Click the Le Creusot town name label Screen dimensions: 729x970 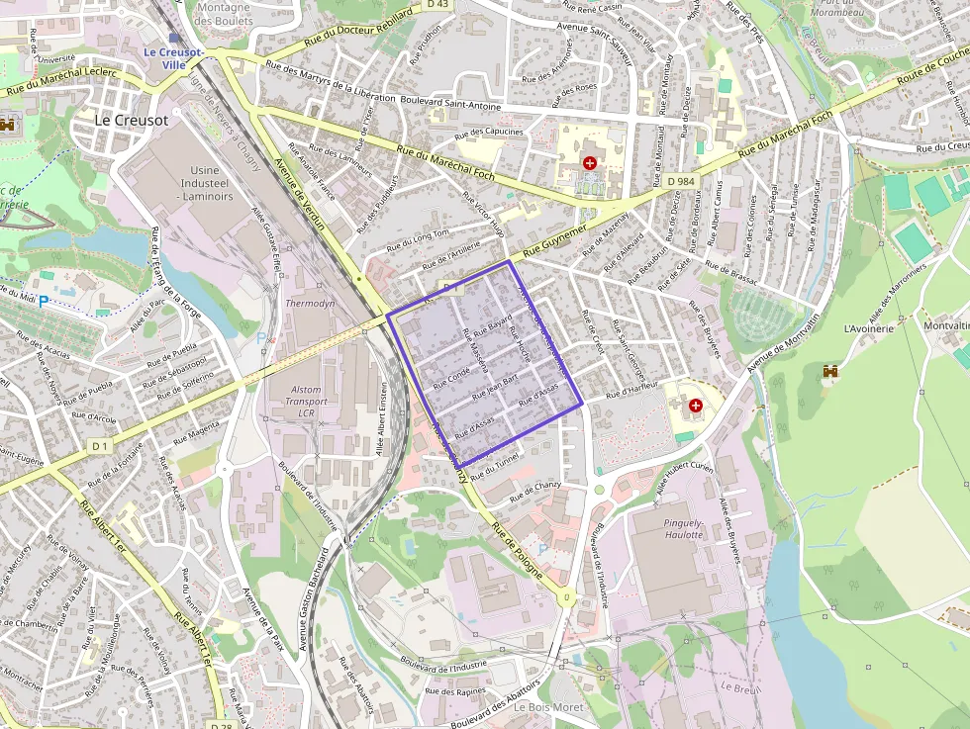(x=133, y=118)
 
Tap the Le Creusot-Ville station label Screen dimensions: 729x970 (x=173, y=57)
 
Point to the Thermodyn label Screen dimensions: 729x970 (x=310, y=303)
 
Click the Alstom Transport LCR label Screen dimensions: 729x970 (x=306, y=402)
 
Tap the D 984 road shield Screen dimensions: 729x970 (x=681, y=182)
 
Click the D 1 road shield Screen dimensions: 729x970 (x=98, y=447)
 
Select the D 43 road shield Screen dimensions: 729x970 (x=437, y=5)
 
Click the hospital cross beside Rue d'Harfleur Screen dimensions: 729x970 (x=695, y=406)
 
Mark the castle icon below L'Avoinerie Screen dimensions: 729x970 (x=831, y=371)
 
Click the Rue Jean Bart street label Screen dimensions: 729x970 (x=496, y=386)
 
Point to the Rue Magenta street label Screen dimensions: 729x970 (x=196, y=428)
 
